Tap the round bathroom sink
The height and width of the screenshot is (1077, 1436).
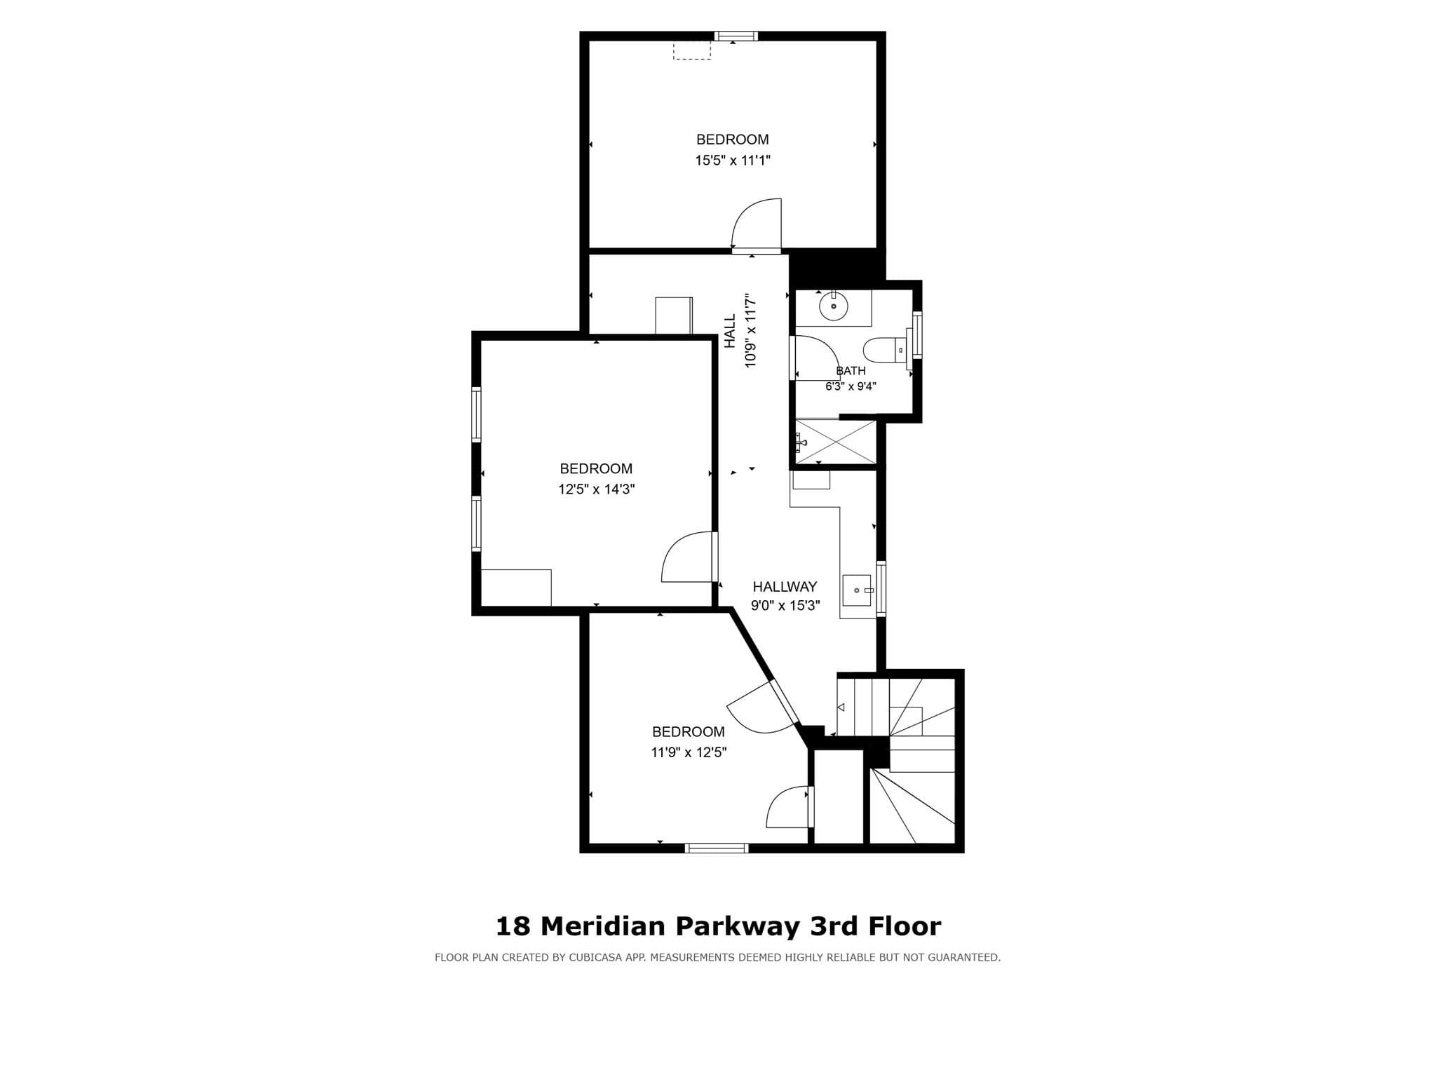(x=834, y=306)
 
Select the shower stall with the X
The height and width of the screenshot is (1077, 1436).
(x=836, y=442)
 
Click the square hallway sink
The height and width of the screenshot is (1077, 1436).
(x=857, y=590)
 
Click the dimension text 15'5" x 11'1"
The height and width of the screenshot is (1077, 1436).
(x=733, y=161)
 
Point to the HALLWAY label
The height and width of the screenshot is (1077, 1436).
(x=785, y=587)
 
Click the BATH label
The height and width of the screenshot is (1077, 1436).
(x=851, y=371)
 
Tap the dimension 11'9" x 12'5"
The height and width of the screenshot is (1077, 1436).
(x=689, y=752)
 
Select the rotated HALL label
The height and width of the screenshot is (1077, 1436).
(x=731, y=331)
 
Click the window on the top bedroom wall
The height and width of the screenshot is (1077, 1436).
(x=736, y=36)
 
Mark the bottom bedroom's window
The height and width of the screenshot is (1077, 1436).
(x=717, y=848)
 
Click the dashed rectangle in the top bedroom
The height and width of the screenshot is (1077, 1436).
(x=692, y=50)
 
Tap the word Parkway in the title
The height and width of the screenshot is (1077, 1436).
(x=737, y=927)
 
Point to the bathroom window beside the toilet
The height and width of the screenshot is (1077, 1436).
(x=916, y=334)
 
